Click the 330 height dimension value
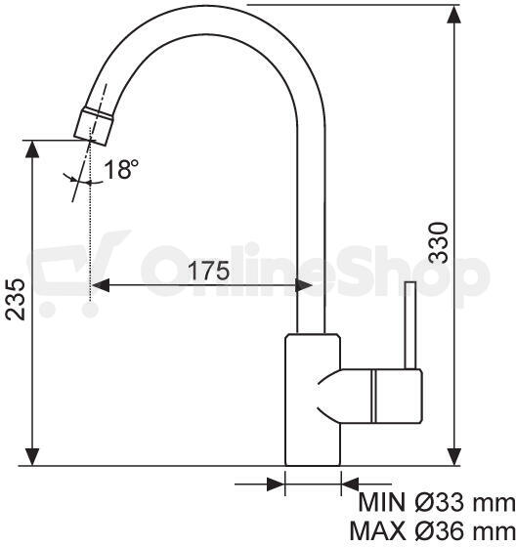pyautogui.click(x=439, y=243)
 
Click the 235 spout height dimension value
pyautogui.click(x=16, y=299)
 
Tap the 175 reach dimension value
pyautogui.click(x=209, y=271)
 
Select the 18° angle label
pyautogui.click(x=121, y=169)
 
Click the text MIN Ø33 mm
pyautogui.click(x=437, y=503)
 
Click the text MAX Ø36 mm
pyautogui.click(x=433, y=531)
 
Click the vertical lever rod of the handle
pyautogui.click(x=410, y=324)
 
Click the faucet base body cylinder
pyautogui.click(x=313, y=400)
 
